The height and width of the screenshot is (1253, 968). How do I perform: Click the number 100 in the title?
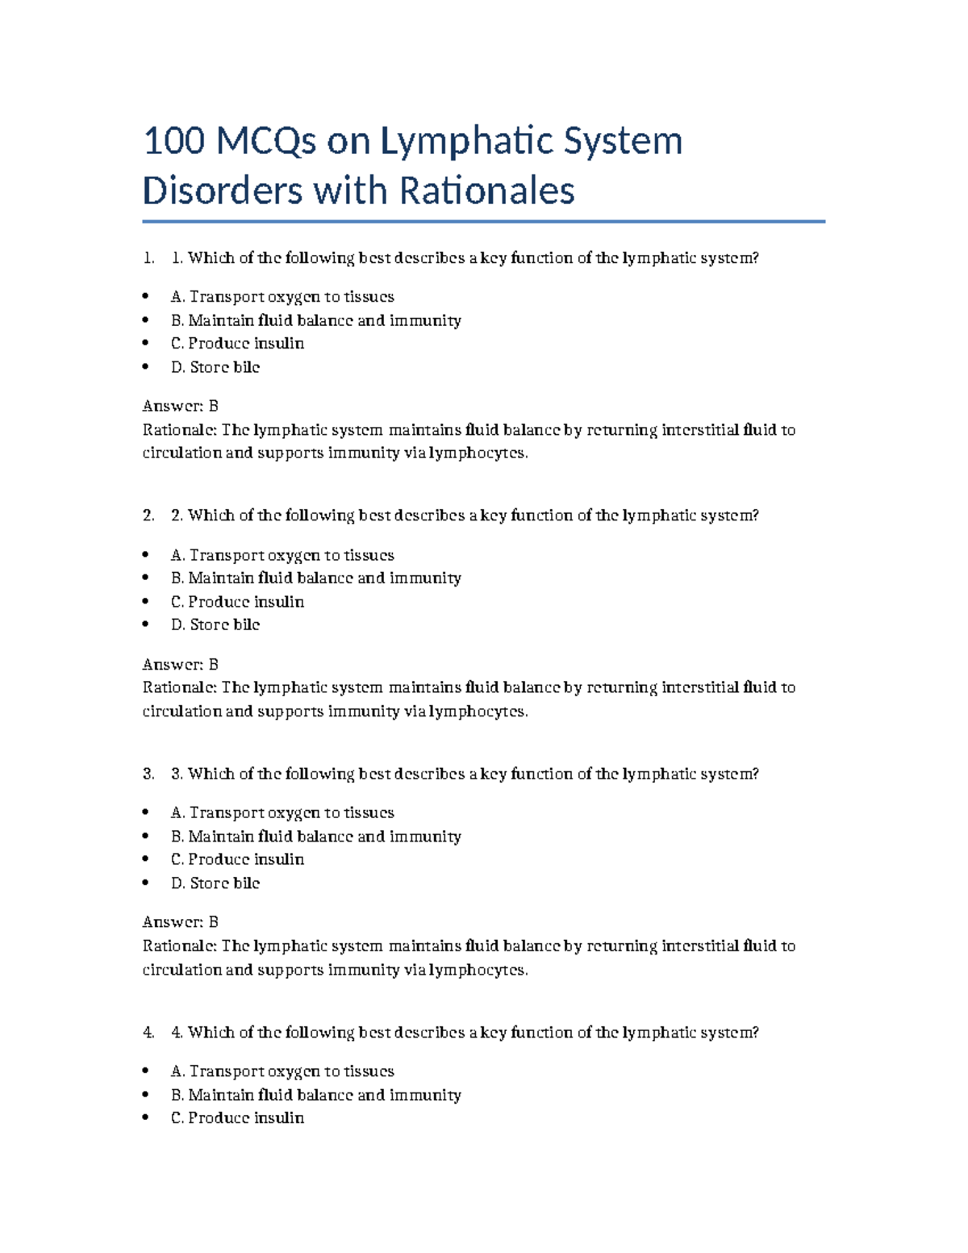pos(173,141)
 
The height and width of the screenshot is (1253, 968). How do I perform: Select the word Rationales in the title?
pos(486,192)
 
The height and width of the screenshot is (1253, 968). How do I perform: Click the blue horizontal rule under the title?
pos(483,221)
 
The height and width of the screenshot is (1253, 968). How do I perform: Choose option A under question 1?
pos(282,297)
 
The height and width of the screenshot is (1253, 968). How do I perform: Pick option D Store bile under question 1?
pos(215,367)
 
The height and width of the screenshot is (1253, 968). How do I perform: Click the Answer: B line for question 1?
pos(180,406)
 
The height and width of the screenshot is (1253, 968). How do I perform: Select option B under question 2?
pos(315,578)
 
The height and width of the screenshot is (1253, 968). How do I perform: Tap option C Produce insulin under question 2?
pos(237,602)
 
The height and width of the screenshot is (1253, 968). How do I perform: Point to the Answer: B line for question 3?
pos(180,922)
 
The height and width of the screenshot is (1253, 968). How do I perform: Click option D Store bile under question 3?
pos(215,883)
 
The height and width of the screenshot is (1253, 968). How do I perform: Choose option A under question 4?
pos(282,1071)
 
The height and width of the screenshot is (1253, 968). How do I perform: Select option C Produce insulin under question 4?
pos(237,1118)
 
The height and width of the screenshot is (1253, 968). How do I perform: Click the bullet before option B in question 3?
pos(145,836)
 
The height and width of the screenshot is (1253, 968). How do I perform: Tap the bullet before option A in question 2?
pos(145,555)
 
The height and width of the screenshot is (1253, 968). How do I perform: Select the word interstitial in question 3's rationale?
pos(699,946)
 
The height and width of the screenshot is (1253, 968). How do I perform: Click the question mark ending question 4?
pos(755,1033)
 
